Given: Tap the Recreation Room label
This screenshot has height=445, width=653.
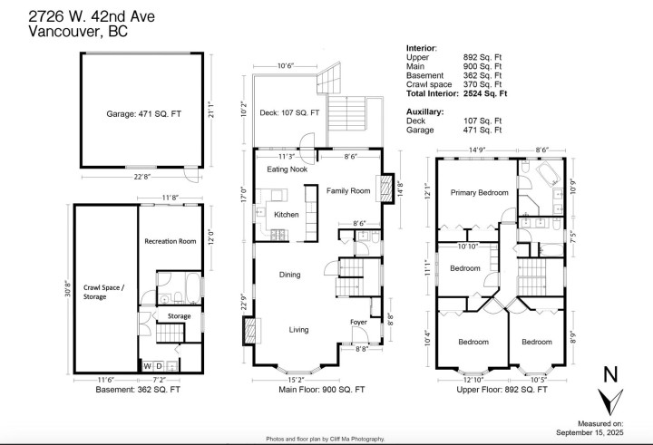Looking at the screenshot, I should tap(170, 241).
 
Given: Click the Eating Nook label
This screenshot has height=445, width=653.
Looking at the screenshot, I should tap(287, 169).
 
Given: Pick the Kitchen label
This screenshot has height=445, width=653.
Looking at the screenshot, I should tap(287, 214).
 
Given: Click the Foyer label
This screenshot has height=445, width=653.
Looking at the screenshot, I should tap(359, 322).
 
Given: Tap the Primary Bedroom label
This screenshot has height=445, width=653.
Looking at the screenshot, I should tap(479, 192).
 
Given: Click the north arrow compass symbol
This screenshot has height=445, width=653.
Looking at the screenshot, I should tap(609, 395).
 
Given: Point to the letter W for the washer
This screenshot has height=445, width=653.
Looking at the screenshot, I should tap(146, 365).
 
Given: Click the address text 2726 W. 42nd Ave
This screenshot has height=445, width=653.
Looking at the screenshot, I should tap(73, 13).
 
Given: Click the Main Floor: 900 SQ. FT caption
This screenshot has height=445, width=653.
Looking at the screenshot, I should tap(322, 390).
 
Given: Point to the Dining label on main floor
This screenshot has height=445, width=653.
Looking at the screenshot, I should tap(289, 275).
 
